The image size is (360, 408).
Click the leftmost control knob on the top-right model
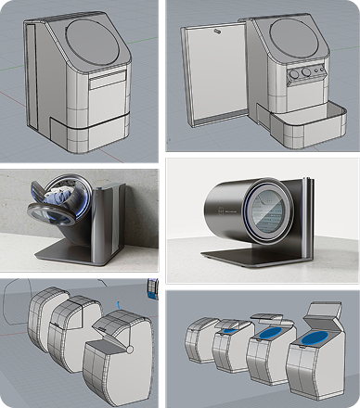click(x=296, y=73)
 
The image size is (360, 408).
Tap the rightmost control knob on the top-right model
click(x=319, y=69)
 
